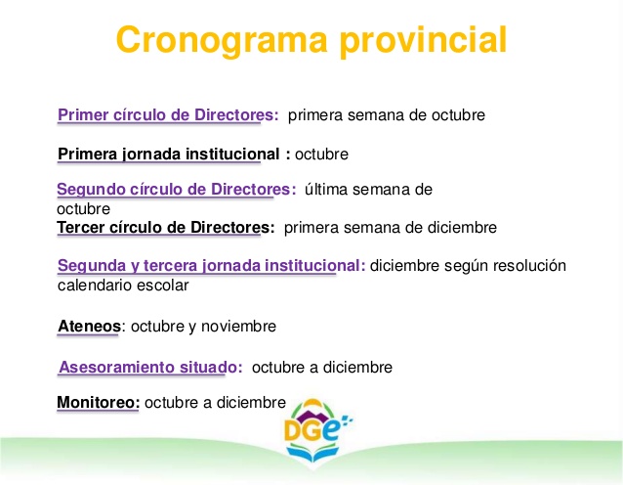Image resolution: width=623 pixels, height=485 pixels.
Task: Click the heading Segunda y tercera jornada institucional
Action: [x=211, y=266]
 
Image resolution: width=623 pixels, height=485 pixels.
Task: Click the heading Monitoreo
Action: [x=99, y=402]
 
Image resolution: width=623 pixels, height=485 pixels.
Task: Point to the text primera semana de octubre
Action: [x=387, y=115]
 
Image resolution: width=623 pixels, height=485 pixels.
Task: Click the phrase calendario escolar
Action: [x=123, y=286]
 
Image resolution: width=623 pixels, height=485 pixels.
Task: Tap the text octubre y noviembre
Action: [x=203, y=326]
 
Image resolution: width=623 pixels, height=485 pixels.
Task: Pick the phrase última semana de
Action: [x=368, y=189]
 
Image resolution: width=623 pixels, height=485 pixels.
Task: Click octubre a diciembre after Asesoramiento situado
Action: [x=322, y=367]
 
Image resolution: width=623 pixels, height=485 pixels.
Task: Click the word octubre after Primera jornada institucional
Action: [x=321, y=154]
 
